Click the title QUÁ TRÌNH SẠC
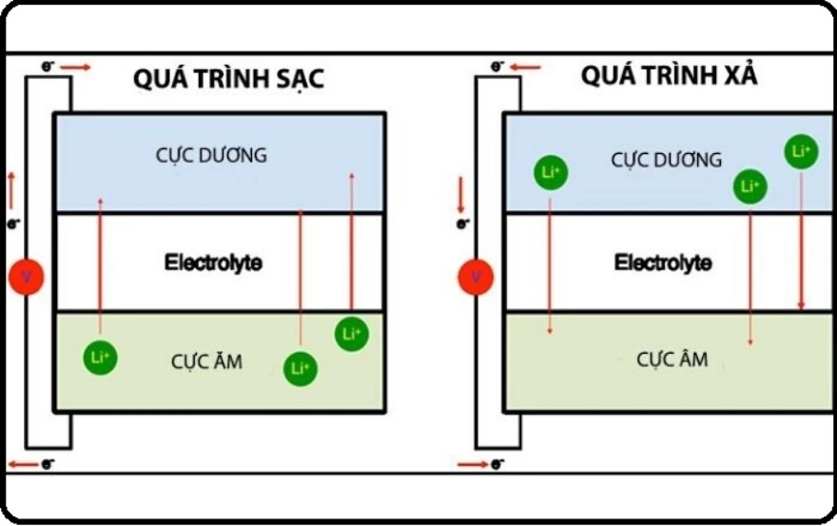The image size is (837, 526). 228,79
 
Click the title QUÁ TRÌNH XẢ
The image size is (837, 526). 669,76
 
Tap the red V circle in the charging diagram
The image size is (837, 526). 27,276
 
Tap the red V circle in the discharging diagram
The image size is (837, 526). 476,276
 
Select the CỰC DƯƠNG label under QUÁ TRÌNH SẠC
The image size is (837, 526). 212,155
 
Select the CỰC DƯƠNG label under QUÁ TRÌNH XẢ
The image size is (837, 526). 666,160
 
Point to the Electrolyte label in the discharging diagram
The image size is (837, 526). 663,262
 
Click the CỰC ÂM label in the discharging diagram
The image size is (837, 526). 672,360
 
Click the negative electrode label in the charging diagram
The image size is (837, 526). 206,360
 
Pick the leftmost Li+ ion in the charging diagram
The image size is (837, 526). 100,355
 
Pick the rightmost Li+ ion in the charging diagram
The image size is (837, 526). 351,333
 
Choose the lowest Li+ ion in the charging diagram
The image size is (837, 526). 301,368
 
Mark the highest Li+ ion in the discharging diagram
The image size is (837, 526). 801,151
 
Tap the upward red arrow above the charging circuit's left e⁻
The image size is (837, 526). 12,190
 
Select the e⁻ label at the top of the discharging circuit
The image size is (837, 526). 497,67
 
